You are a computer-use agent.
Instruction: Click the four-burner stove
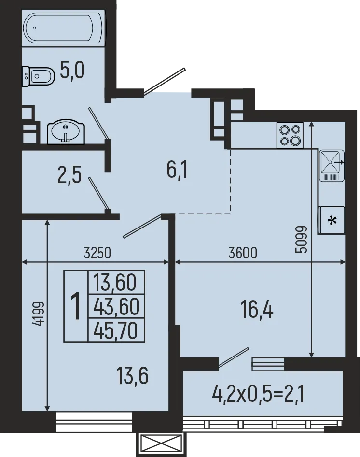coord(289,135)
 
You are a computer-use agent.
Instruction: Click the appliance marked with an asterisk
coord(332,220)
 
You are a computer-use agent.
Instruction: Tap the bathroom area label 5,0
coord(72,71)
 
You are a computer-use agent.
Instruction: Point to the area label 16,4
coord(257,309)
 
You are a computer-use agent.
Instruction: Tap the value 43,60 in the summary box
coord(116,305)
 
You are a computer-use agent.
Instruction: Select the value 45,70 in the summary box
coord(116,330)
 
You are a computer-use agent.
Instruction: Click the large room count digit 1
coord(76,306)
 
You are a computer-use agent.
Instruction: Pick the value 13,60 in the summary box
coord(116,281)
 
